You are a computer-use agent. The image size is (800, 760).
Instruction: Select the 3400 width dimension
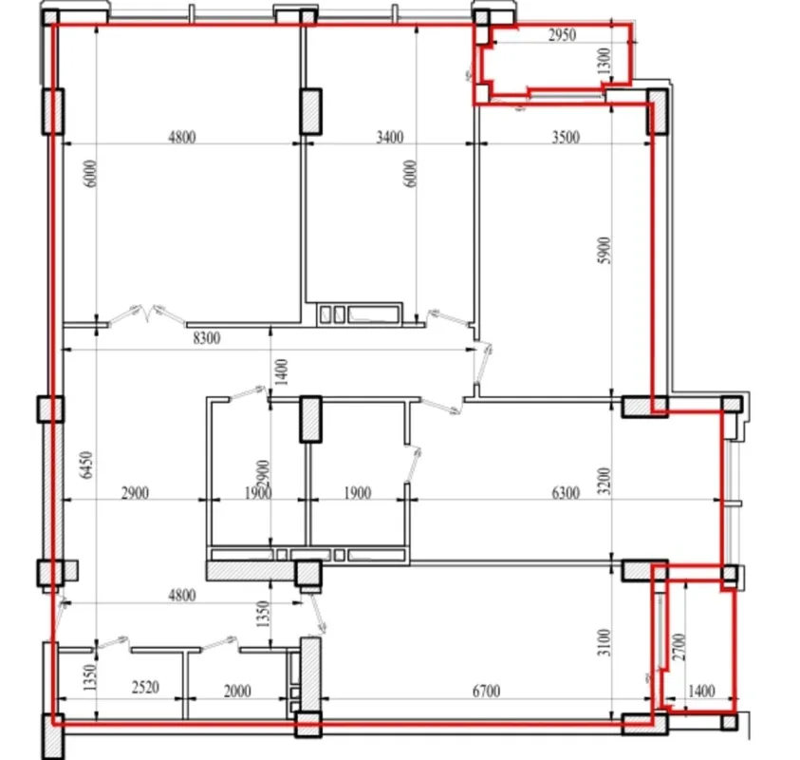(x=389, y=137)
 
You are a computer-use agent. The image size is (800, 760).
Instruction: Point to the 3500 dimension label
(x=564, y=137)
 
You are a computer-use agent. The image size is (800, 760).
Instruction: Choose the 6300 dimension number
(x=564, y=493)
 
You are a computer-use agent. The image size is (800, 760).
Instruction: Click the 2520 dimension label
(x=145, y=692)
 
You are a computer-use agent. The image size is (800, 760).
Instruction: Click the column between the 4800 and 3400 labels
(x=310, y=110)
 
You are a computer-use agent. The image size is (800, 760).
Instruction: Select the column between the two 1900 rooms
(x=311, y=419)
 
